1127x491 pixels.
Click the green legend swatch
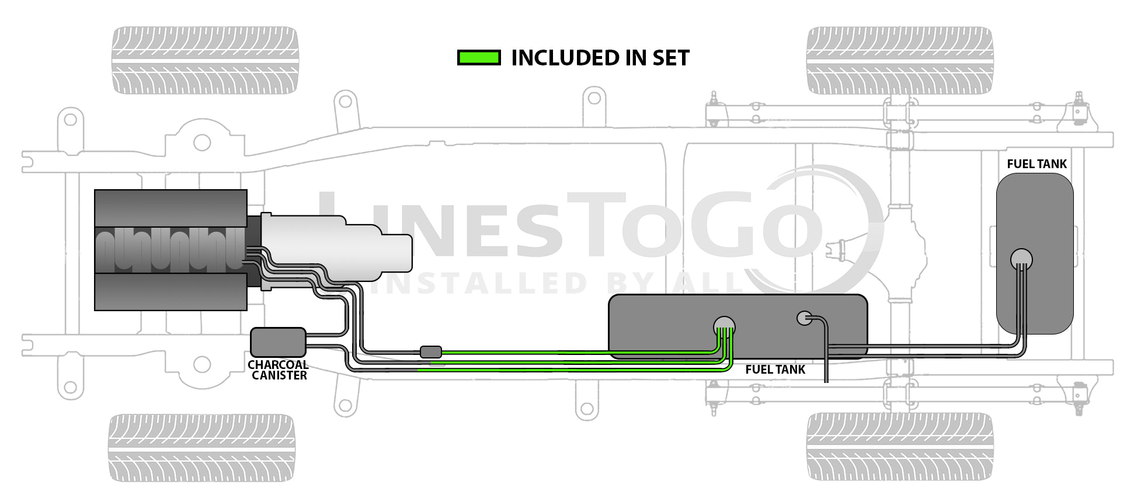[479, 58]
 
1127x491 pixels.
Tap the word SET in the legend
[671, 58]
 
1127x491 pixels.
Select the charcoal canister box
[278, 342]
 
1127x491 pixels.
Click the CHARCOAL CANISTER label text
[278, 370]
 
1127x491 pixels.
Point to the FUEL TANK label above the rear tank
[1036, 164]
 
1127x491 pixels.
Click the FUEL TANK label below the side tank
[775, 370]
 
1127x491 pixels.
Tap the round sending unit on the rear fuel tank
[1021, 259]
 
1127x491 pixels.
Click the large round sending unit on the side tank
[724, 325]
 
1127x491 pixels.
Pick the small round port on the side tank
[804, 318]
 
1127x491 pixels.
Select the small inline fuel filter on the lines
[431, 351]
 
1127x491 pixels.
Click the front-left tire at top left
[205, 60]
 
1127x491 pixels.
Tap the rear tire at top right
[899, 60]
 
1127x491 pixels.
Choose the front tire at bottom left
[201, 448]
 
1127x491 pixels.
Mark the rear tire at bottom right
[899, 447]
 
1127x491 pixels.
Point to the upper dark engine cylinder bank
[171, 208]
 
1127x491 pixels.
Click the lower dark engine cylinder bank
[171, 291]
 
